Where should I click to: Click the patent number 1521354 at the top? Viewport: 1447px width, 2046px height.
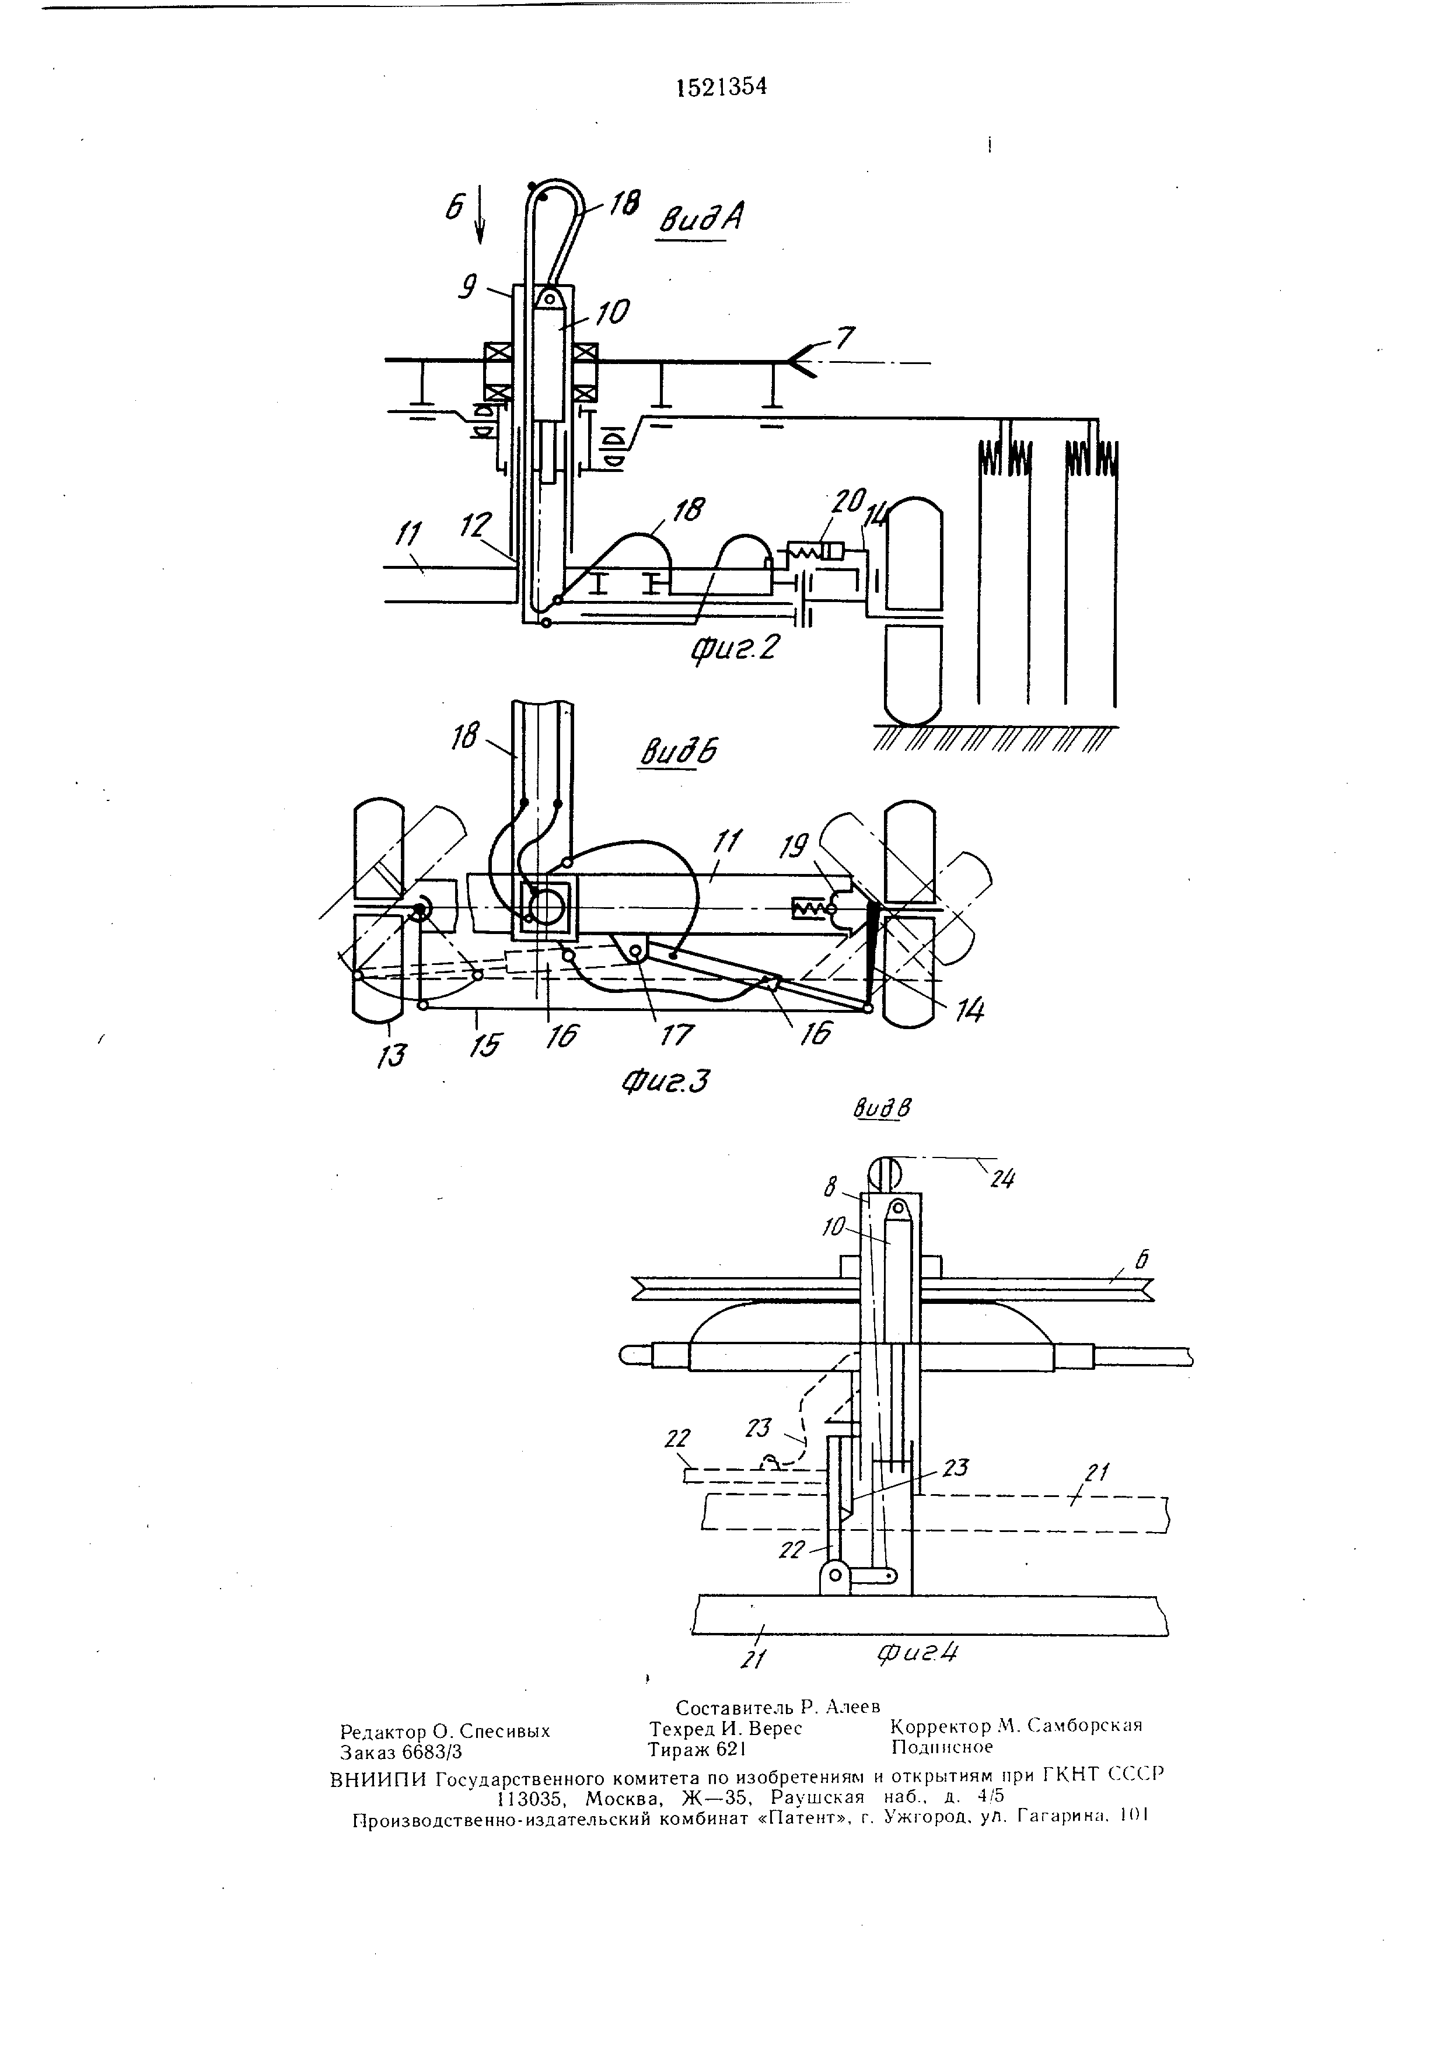[x=722, y=86]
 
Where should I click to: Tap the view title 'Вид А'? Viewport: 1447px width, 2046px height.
[x=701, y=219]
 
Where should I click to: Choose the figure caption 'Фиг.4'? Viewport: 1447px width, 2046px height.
[x=918, y=1652]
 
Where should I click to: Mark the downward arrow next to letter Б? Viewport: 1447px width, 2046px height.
[x=480, y=214]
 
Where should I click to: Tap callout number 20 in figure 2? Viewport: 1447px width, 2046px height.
[x=847, y=502]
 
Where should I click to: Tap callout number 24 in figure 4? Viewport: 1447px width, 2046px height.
[x=1004, y=1181]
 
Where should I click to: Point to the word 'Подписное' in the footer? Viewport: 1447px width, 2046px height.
[x=942, y=1747]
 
